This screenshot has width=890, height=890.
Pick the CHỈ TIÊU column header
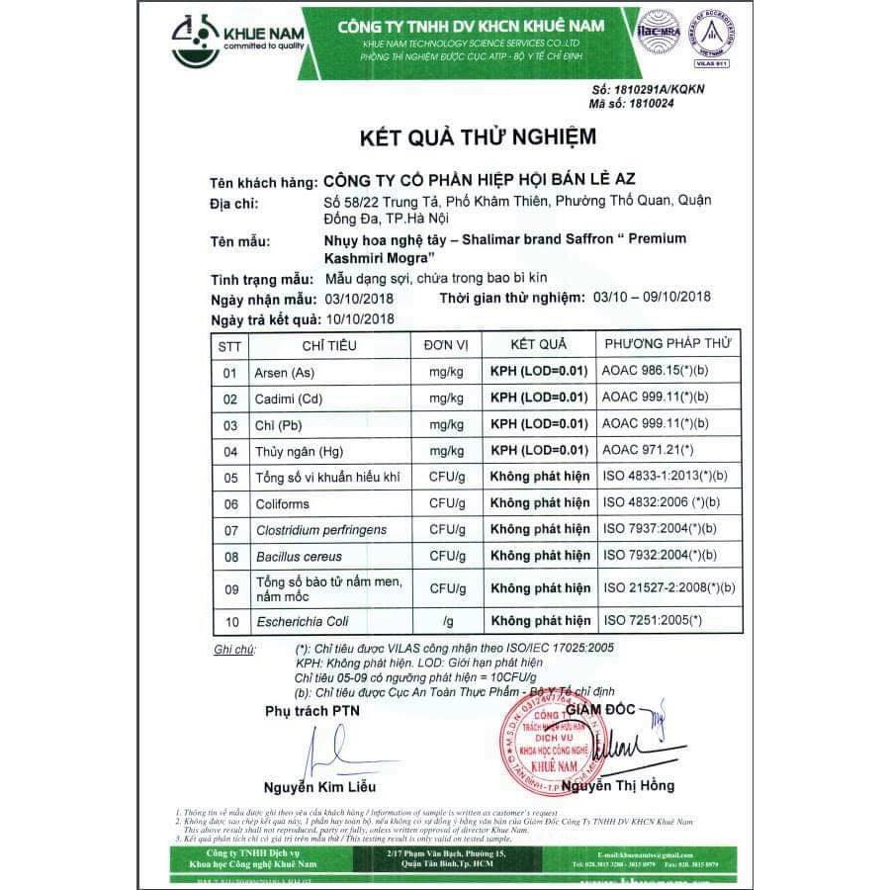tap(329, 345)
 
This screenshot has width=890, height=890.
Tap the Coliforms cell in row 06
tap(285, 503)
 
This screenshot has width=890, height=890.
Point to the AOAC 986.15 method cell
tap(655, 373)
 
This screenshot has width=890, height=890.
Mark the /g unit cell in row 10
tap(447, 621)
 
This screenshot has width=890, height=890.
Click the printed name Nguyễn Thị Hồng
tap(618, 786)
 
